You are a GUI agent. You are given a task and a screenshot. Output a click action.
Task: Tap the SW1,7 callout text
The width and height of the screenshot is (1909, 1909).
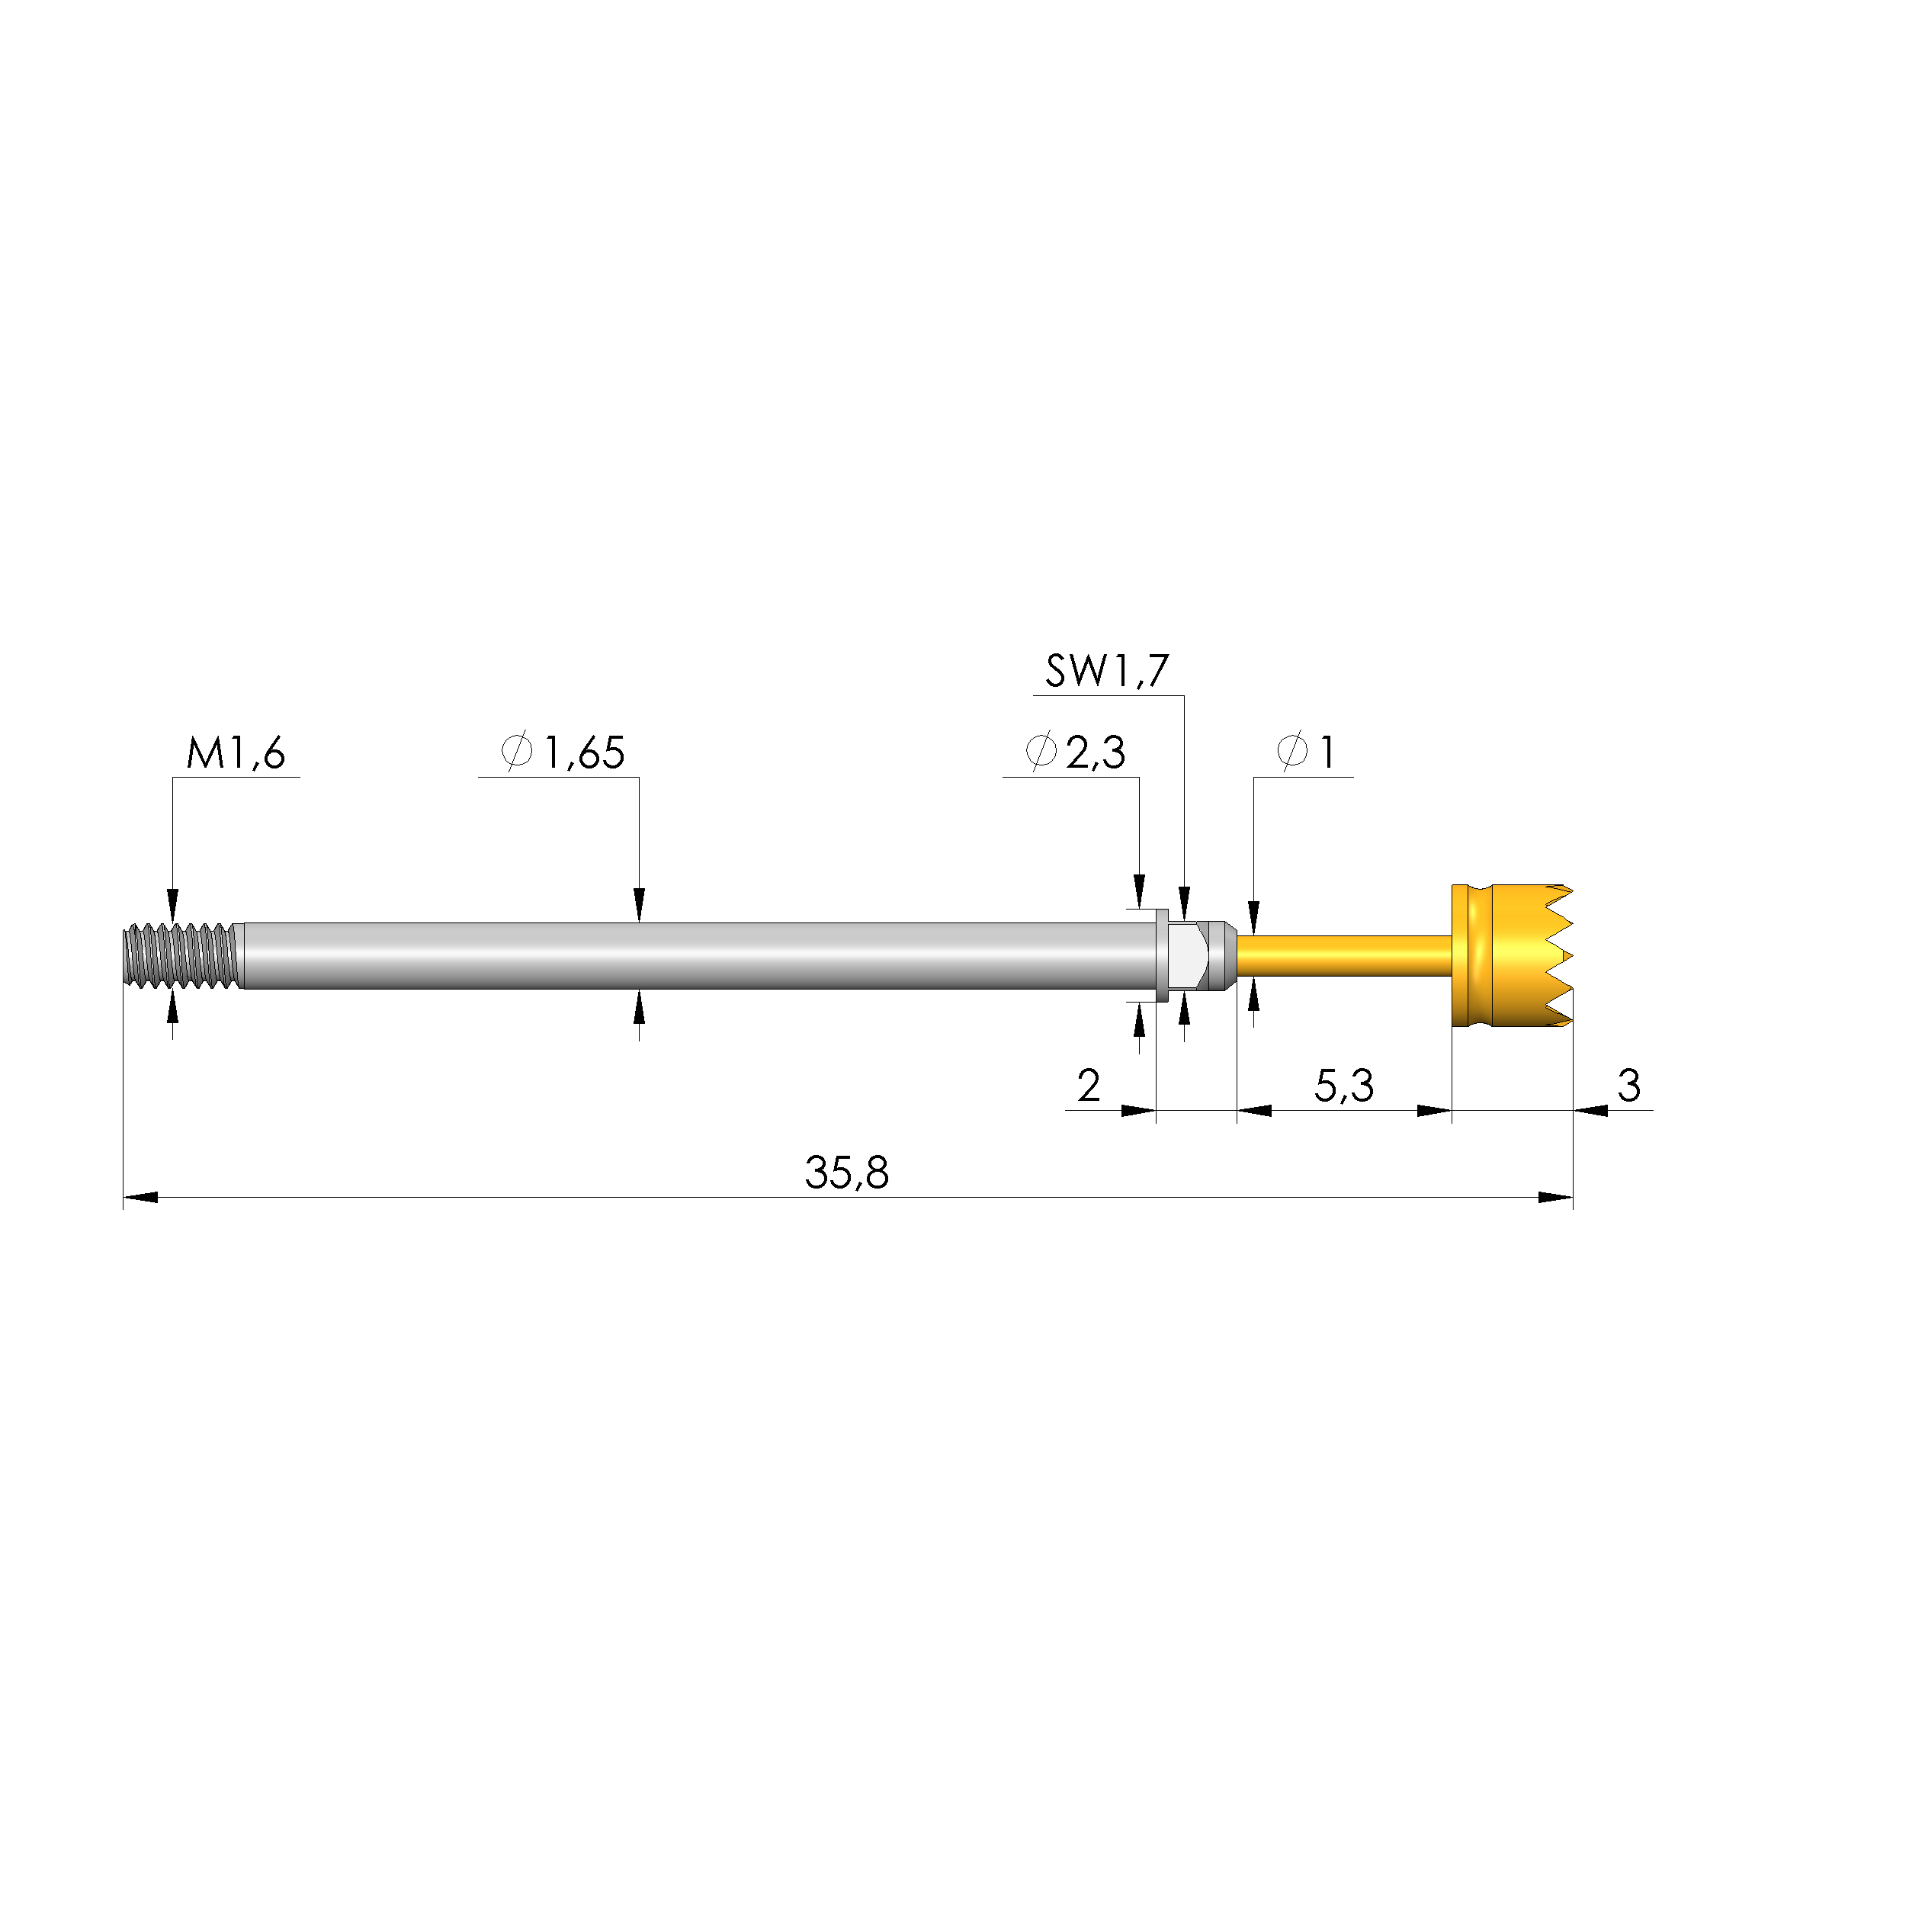tap(1107, 671)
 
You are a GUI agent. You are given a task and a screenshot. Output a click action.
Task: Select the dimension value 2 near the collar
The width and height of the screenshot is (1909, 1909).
tap(1088, 1086)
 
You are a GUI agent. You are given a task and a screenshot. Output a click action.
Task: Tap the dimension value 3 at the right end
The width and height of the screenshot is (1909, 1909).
tap(1628, 1086)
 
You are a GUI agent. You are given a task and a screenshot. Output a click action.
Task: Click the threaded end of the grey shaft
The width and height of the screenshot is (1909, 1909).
tap(181, 955)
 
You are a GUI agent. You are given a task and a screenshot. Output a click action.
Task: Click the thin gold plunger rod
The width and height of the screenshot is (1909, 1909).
tap(1344, 954)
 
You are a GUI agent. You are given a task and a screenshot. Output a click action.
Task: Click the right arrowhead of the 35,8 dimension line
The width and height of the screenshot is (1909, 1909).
tap(1555, 1198)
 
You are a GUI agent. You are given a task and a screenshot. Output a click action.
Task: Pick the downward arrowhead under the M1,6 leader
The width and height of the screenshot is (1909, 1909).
tap(173, 906)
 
